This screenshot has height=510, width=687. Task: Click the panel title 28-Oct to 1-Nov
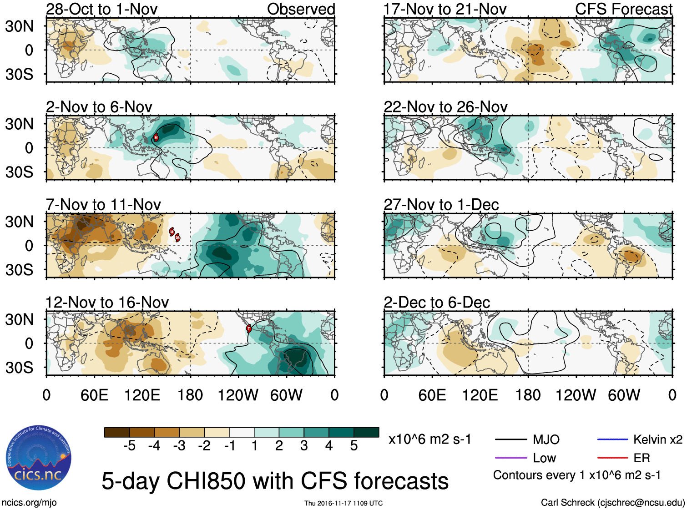(101, 9)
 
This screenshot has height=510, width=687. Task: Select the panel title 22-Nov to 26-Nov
(445, 107)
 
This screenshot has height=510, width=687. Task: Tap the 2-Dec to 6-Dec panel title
(437, 303)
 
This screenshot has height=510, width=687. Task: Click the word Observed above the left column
(301, 9)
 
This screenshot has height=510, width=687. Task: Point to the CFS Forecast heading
(623, 9)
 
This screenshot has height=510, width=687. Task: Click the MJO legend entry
(546, 439)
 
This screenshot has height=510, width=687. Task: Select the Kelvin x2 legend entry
(657, 439)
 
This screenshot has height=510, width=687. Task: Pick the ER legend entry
(642, 458)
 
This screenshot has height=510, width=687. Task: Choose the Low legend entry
(544, 458)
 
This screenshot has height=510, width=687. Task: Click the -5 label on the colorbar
(129, 446)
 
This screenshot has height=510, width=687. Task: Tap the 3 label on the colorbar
(304, 446)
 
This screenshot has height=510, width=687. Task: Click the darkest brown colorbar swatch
(117, 432)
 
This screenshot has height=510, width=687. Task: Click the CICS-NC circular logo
(39, 458)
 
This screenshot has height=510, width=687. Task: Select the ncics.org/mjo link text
(29, 503)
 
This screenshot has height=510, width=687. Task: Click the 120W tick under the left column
(238, 395)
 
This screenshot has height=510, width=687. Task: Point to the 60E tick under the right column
(432, 395)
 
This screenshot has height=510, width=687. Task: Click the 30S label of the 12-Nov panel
(19, 368)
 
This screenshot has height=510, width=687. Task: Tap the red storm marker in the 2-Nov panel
(156, 137)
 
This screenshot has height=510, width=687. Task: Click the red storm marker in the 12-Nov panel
(249, 328)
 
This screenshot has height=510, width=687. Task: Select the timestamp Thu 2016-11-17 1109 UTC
(343, 503)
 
